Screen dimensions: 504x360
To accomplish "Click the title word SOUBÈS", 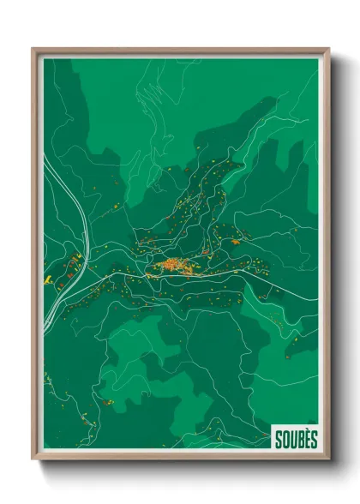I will (296, 439).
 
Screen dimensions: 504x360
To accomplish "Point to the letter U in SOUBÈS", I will (293, 440).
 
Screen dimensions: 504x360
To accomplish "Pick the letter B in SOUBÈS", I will (300, 440).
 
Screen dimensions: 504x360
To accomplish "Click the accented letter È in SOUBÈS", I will (307, 439).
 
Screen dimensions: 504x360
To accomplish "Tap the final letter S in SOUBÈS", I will (313, 440).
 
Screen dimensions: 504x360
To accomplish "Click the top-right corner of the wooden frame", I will (327, 50).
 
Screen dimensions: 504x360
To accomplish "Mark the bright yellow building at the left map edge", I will (49, 279).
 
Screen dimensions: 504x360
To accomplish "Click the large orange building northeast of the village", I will (235, 242).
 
